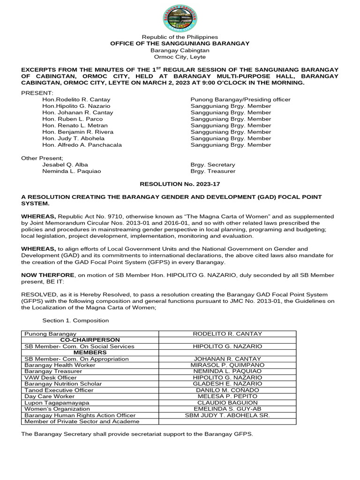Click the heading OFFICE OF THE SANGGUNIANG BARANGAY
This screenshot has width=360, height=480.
tap(180, 44)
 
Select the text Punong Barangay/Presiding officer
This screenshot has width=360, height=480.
tap(240, 99)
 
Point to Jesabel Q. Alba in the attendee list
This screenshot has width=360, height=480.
tap(65, 165)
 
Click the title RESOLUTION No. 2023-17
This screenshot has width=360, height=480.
tap(180, 185)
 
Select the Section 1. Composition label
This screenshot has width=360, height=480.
tap(75, 321)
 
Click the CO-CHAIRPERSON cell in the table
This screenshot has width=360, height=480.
tap(90, 340)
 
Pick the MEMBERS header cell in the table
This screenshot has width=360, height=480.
tap(90, 352)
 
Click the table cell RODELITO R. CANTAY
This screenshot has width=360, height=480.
tap(227, 334)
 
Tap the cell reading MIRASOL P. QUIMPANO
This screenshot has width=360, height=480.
tap(227, 365)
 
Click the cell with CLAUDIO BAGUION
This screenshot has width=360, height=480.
tap(227, 403)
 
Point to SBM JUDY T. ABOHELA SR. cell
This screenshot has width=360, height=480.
tap(227, 415)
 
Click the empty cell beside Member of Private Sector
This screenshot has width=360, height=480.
tap(227, 421)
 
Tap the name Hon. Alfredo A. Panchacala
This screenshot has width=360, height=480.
tap(82, 145)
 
